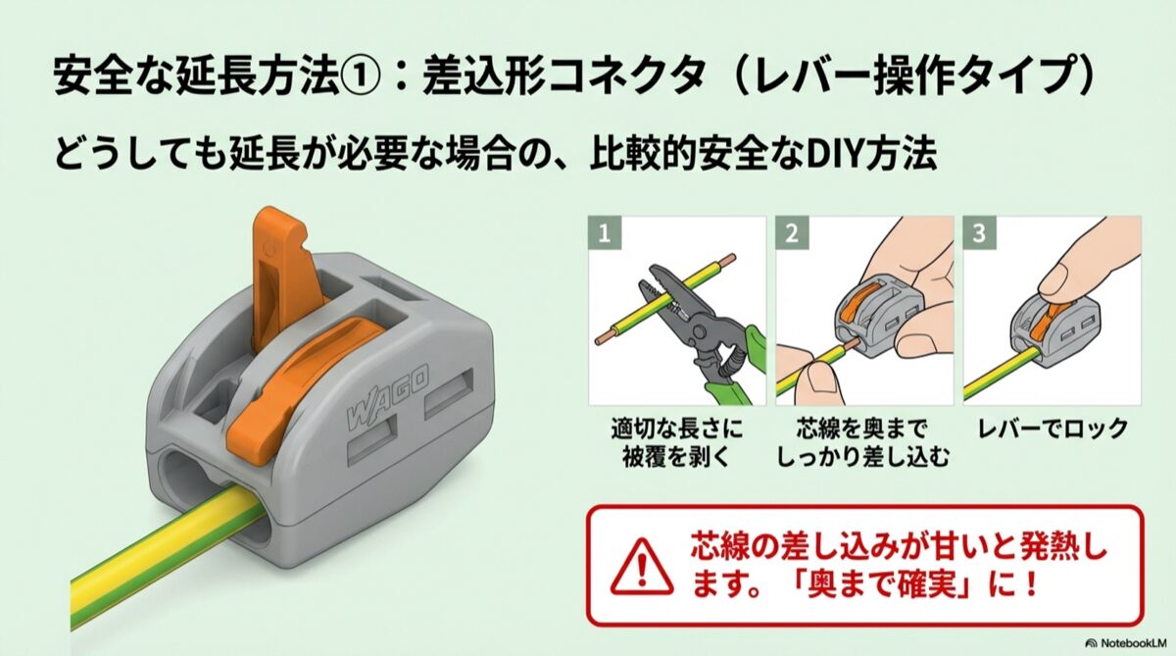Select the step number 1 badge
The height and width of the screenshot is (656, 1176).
coord(605,233)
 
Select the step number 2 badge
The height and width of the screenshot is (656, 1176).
coord(792,233)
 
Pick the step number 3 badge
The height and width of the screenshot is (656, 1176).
coord(980,233)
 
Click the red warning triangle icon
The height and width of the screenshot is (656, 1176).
coord(642,567)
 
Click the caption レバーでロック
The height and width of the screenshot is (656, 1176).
coord(1053,429)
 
